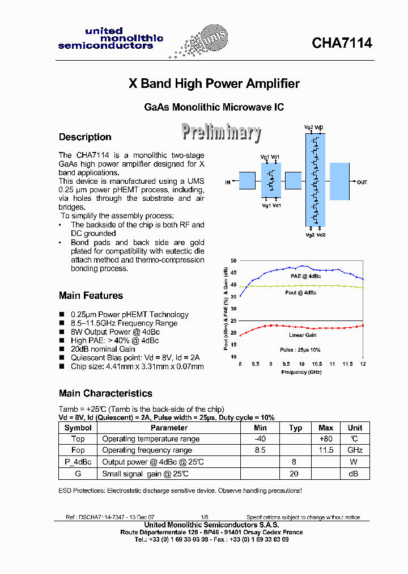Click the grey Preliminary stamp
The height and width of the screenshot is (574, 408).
[221, 132]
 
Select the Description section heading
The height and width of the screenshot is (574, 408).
[85, 137]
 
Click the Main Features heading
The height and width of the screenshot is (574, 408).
[91, 296]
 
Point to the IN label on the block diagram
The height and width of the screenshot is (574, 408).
[228, 182]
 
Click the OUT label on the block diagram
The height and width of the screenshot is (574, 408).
[362, 182]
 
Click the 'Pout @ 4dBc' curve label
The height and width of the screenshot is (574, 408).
[300, 293]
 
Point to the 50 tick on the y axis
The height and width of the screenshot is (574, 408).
[233, 260]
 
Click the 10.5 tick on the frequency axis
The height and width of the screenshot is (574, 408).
[317, 364]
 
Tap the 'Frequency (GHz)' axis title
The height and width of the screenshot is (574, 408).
[301, 372]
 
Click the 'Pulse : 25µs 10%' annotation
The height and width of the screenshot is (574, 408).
[300, 350]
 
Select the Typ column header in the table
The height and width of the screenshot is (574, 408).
[295, 428]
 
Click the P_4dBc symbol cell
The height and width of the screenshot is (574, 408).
[78, 462]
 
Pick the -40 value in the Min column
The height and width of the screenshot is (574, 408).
[260, 439]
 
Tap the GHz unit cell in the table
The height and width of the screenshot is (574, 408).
[355, 450]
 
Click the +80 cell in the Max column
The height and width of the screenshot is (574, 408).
[326, 439]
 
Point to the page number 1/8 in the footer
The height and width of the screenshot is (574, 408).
[205, 517]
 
